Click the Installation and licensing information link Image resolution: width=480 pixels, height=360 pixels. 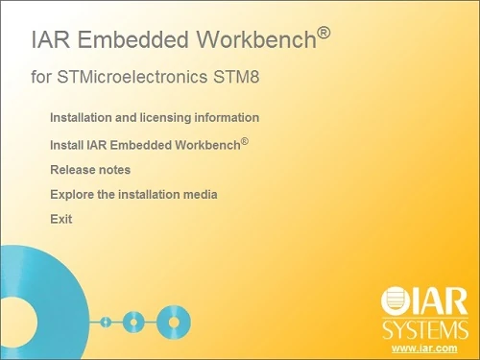click(154, 117)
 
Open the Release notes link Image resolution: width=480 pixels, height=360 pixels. click(89, 170)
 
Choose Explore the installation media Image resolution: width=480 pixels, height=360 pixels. click(133, 194)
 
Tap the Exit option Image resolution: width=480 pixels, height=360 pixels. click(60, 219)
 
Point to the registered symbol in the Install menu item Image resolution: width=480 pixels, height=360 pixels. click(245, 141)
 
